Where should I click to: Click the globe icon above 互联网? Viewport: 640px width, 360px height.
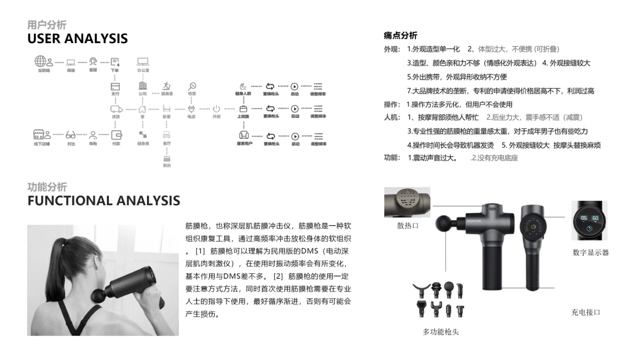tap(40, 61)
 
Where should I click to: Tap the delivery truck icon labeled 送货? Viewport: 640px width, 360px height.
tap(116, 109)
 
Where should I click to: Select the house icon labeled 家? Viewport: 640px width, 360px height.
tap(142, 109)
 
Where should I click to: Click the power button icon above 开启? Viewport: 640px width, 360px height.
tap(216, 109)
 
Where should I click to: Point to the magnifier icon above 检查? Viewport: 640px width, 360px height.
tap(192, 86)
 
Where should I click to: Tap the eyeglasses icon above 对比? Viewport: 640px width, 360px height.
tap(70, 135)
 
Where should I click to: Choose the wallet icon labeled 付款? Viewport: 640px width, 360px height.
tap(116, 135)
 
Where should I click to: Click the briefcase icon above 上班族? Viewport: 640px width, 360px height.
tap(243, 109)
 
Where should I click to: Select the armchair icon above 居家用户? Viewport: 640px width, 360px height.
tap(244, 135)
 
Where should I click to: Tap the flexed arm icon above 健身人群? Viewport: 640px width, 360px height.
tap(243, 86)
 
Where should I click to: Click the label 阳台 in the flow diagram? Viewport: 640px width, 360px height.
tap(166, 165)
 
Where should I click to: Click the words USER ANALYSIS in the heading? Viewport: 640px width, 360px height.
tap(77, 38)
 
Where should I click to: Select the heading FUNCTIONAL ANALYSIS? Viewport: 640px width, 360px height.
tap(103, 200)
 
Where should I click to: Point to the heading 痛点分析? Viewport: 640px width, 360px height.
tap(400, 35)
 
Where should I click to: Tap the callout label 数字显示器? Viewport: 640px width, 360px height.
tap(590, 252)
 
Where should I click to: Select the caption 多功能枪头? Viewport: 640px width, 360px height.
tap(440, 331)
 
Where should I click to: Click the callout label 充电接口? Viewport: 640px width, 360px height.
tap(585, 312)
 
